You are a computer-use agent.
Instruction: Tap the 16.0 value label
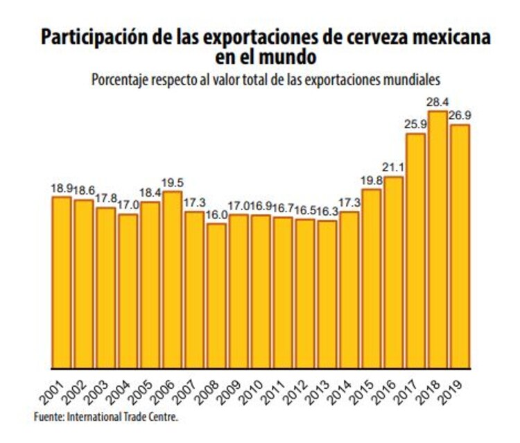(216, 216)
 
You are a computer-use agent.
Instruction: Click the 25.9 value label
(415, 125)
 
